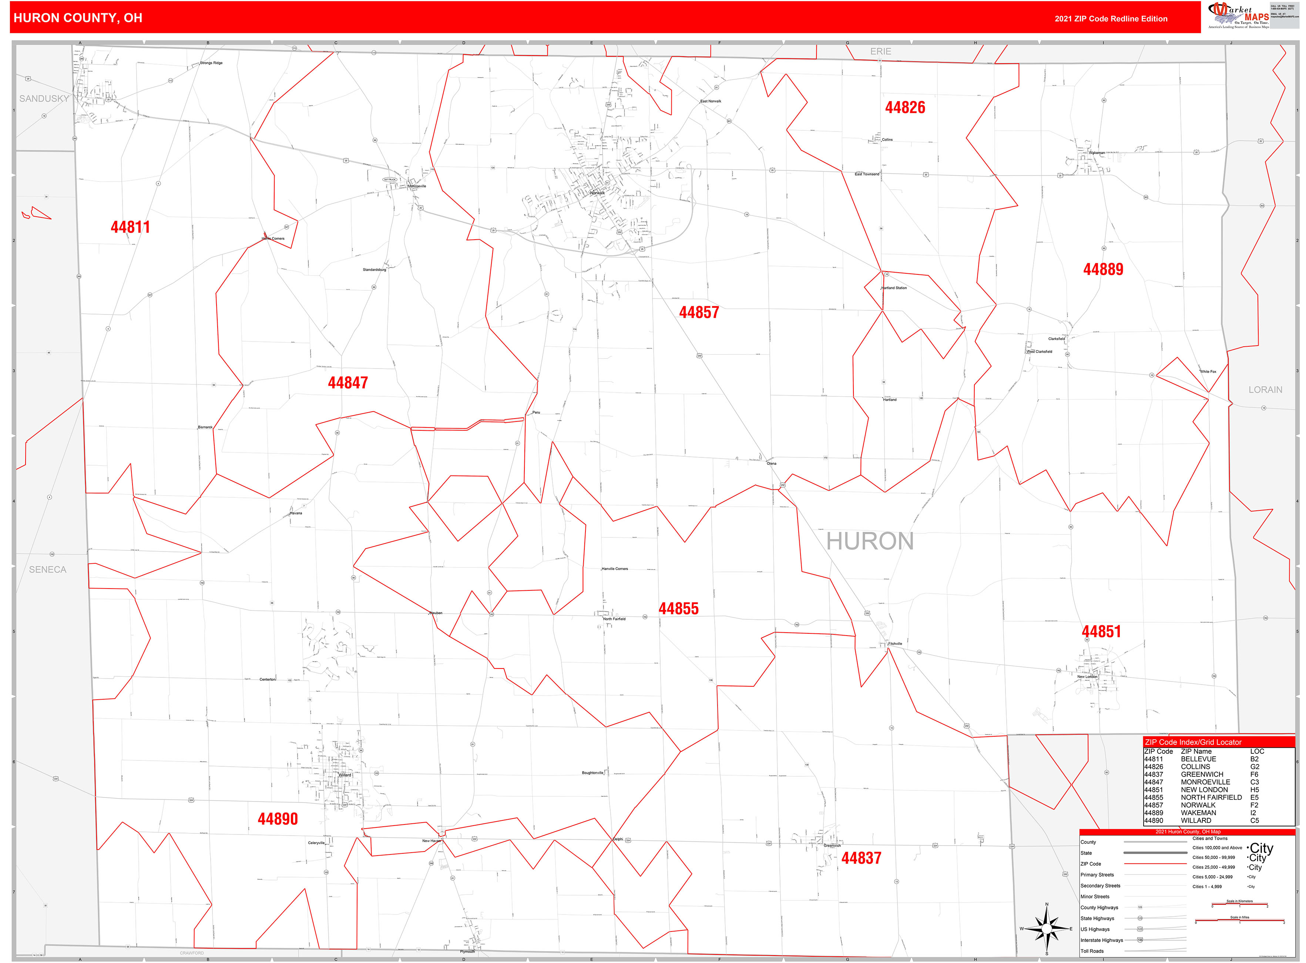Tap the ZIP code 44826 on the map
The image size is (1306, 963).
tap(904, 107)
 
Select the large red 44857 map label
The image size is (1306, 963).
tap(698, 313)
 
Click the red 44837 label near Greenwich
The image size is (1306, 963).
tap(861, 858)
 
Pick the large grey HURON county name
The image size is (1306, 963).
tap(870, 542)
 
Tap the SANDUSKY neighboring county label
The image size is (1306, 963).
tap(44, 99)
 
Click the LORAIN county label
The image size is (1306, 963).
tap(1265, 389)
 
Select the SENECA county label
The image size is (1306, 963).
tap(48, 570)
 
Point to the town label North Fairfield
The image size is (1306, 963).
tap(614, 619)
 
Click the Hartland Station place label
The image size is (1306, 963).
tap(894, 288)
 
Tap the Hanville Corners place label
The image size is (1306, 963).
tap(615, 569)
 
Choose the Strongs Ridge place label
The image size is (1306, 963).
tap(211, 63)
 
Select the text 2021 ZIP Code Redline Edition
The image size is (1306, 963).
tap(1110, 19)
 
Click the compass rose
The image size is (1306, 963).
tap(1047, 929)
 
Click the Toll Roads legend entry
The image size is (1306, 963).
tap(1092, 951)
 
